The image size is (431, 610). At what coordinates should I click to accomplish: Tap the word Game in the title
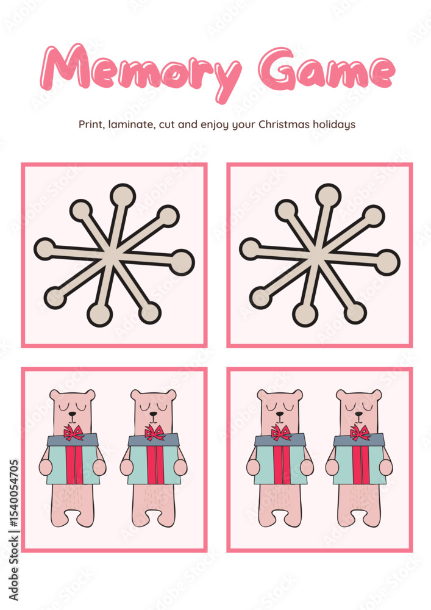327,70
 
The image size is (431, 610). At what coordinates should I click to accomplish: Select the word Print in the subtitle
91,124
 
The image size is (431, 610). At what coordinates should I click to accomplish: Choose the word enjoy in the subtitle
215,125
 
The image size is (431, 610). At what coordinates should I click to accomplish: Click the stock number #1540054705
13,495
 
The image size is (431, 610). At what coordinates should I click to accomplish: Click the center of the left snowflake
112,255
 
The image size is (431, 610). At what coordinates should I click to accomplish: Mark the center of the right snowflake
318,255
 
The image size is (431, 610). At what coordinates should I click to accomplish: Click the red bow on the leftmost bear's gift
73,432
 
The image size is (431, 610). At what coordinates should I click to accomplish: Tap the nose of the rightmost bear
358,414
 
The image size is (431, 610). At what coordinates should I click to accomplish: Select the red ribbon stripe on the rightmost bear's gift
360,464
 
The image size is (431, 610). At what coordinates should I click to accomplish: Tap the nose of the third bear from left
279,414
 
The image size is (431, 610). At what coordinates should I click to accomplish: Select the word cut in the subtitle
167,125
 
